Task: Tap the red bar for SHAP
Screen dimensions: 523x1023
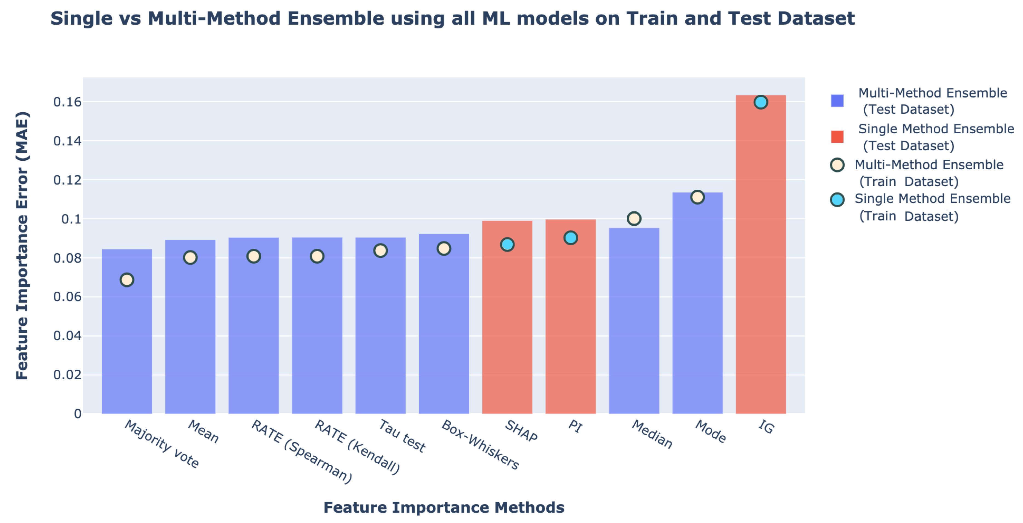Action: coord(507,326)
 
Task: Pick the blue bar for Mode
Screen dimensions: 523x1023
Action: coord(697,310)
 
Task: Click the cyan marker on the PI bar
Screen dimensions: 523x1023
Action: coord(571,238)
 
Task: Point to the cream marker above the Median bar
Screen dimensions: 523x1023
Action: coord(634,219)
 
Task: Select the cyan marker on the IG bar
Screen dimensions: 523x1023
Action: coord(760,102)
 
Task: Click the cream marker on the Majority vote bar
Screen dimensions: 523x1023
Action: coord(127,280)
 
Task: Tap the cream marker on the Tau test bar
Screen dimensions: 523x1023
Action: coord(380,251)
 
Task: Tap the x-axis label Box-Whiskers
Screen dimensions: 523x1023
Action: coord(480,445)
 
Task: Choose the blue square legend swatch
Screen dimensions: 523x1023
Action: coord(837,100)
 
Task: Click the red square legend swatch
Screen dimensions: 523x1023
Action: coord(837,137)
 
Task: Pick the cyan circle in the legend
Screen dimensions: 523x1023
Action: coord(837,199)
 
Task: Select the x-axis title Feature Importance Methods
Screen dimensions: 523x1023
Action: coord(444,507)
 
